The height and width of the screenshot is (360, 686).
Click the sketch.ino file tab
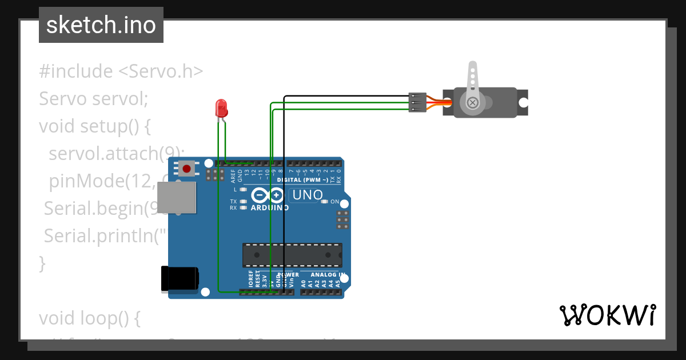click(101, 25)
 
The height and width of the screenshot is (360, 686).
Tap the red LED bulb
click(221, 107)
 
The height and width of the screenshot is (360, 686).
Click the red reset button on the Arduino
click(186, 168)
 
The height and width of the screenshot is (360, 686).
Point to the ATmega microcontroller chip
click(292, 255)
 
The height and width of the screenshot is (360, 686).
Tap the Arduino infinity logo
click(268, 195)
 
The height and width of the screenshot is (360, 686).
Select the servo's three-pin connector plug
click(417, 102)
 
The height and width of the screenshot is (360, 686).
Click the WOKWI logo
click(607, 315)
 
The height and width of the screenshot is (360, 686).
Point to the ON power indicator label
click(335, 202)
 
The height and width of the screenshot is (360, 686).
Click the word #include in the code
click(76, 71)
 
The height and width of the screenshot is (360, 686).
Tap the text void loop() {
click(90, 318)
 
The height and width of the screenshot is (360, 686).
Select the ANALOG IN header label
click(328, 275)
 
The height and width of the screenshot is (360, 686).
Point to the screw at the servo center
click(473, 103)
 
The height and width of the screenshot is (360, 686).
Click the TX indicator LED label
click(233, 202)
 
